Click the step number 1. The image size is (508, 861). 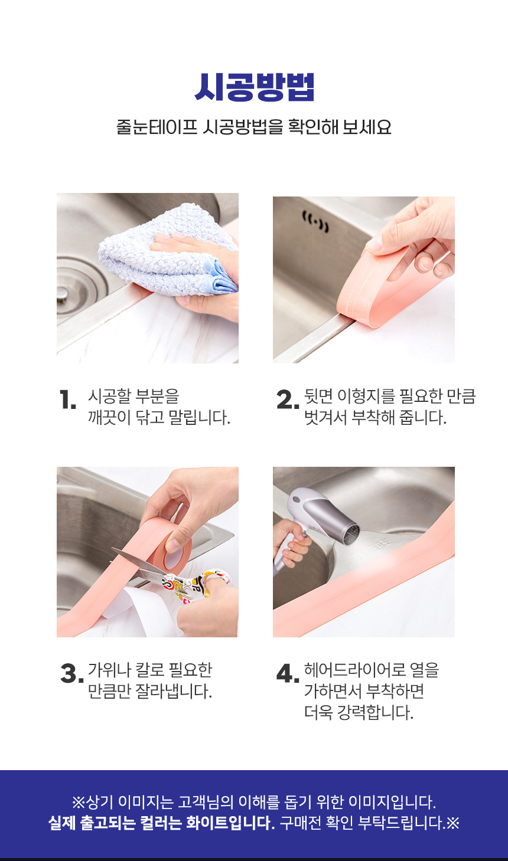68,400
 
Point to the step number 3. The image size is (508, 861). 72,673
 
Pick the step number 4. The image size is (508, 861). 288,673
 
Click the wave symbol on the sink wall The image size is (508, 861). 315,222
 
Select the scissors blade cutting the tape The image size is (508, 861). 136,562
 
